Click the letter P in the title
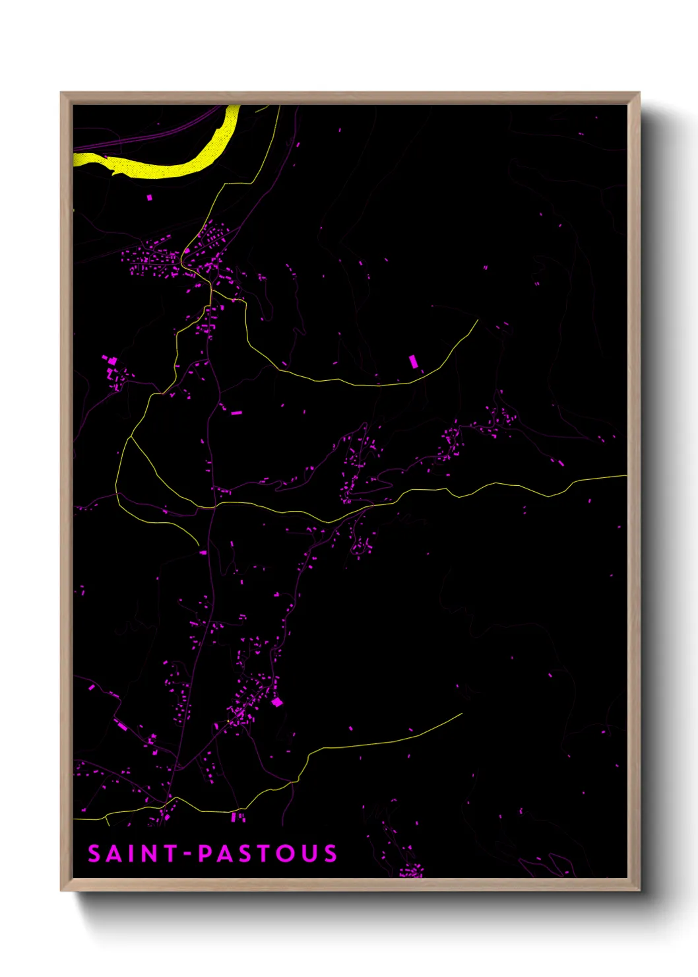[206, 854]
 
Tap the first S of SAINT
[94, 854]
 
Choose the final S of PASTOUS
[330, 854]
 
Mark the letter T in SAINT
[170, 854]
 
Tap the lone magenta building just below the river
[149, 197]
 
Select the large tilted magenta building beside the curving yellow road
[414, 361]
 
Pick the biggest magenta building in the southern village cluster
[277, 702]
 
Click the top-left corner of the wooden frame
[61, 93]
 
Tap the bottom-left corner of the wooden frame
[61, 891]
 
